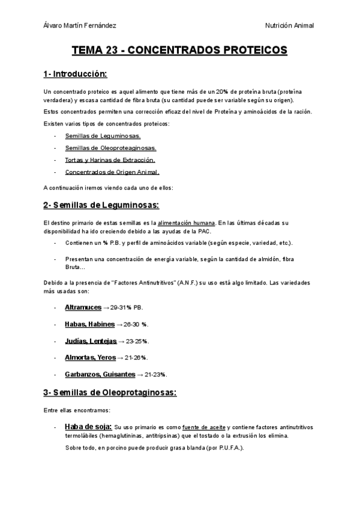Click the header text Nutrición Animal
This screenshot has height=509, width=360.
289,25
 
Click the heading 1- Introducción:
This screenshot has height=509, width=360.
75,74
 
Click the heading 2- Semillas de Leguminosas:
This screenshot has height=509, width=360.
101,205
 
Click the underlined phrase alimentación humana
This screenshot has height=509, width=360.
186,223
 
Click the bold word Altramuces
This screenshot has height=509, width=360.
83,307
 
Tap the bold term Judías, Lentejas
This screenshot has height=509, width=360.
91,341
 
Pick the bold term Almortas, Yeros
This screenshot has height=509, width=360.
91,358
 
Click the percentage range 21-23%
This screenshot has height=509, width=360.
156,375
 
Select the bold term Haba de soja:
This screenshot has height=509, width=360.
88,427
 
